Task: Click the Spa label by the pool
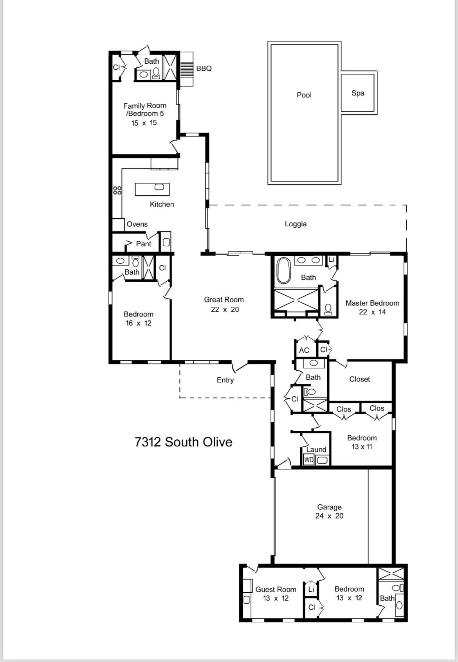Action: coord(358,93)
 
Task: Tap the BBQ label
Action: coord(204,68)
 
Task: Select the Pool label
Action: coord(304,95)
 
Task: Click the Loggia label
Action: coord(296,224)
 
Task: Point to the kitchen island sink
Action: coord(159,187)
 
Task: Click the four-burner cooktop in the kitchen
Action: coord(117,191)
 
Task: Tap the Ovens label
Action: coord(137,224)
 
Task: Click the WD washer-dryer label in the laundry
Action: coord(309,460)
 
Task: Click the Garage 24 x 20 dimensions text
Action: coord(329,516)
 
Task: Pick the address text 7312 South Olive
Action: coord(183,442)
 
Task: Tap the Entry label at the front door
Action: coord(225,380)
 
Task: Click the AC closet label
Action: coord(304,351)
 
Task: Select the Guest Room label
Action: coord(276,589)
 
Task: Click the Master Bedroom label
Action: coord(372,303)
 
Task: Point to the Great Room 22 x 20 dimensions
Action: coord(224,309)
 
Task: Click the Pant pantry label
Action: coord(143,244)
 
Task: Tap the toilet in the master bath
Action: coord(328,309)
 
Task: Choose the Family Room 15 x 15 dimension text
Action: coord(144,123)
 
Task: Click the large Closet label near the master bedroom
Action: coord(359,379)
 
